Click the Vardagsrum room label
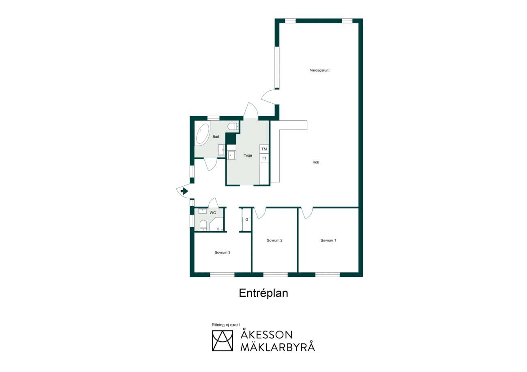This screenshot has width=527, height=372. pos(319,70)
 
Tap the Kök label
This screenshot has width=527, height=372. pos(316,162)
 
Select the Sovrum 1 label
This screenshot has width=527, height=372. pos(328,240)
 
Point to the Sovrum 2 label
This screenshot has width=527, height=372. pos(274,240)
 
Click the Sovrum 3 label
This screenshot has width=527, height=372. pos(222,253)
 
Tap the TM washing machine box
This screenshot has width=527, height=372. pos(264,149)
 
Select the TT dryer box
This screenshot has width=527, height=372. pos(264,158)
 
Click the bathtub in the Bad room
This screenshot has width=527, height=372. pos(203,134)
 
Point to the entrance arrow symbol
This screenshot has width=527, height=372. pos(184,191)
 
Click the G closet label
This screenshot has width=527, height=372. pos(247,219)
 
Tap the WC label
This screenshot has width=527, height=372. pos(213,213)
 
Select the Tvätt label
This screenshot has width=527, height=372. pos(248,156)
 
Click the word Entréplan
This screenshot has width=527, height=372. pos(263,293)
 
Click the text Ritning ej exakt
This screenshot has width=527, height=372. pos(226,325)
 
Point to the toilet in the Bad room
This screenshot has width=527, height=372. pos(233,126)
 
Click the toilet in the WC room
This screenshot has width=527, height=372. pos(203,225)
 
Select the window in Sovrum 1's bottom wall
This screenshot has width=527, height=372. pos(328,274)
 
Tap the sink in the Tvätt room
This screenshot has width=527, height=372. pos(231,155)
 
